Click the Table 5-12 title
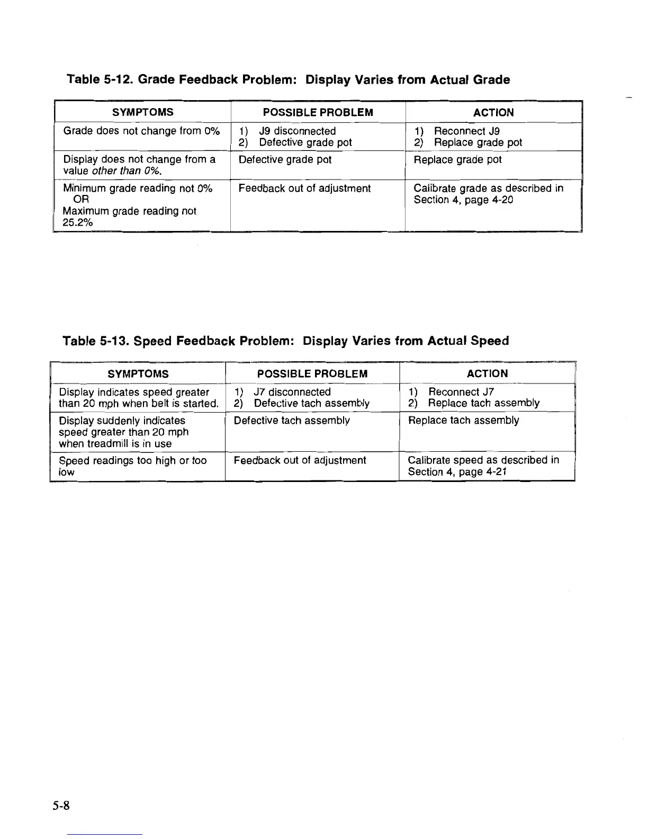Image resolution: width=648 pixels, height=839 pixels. (288, 80)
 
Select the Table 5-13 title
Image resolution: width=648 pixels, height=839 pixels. (285, 341)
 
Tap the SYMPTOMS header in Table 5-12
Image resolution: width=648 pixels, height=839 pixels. (142, 112)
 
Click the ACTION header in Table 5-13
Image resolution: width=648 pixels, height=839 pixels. (487, 373)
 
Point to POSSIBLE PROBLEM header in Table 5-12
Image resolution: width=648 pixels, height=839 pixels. (318, 112)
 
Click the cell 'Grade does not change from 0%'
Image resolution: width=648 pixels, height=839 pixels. (141, 131)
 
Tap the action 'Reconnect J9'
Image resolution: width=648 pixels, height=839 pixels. (466, 131)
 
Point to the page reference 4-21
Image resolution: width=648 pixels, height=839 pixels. (494, 471)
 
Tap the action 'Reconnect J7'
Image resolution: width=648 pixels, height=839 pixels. (461, 392)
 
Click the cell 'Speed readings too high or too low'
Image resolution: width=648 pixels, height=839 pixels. (132, 466)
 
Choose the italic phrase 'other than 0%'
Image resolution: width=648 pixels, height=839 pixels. (126, 171)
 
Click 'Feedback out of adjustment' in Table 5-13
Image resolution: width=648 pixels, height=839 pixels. (300, 460)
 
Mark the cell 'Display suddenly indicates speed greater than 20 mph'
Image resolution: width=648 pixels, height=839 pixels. (123, 432)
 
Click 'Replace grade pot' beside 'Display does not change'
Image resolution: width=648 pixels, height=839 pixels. (457, 159)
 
